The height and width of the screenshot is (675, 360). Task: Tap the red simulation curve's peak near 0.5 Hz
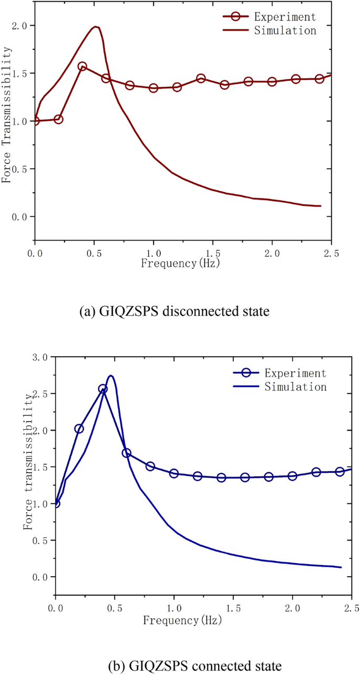[x=95, y=27]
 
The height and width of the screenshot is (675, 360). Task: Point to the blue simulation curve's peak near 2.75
[x=110, y=376]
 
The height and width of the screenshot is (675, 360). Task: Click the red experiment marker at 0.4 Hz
[x=82, y=67]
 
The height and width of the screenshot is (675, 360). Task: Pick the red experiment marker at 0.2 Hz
[x=58, y=119]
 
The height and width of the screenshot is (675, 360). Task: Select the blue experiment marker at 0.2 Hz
[x=79, y=429]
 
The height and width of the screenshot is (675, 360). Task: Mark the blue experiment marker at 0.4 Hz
[x=103, y=389]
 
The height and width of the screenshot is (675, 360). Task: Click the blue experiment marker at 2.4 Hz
[x=340, y=472]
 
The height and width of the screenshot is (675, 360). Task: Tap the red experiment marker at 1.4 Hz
[x=201, y=78]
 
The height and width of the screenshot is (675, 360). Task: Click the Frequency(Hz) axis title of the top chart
[x=180, y=263]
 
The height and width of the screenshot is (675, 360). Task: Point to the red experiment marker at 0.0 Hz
[x=35, y=121]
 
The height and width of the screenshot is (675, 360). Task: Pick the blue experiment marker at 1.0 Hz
[x=174, y=473]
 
